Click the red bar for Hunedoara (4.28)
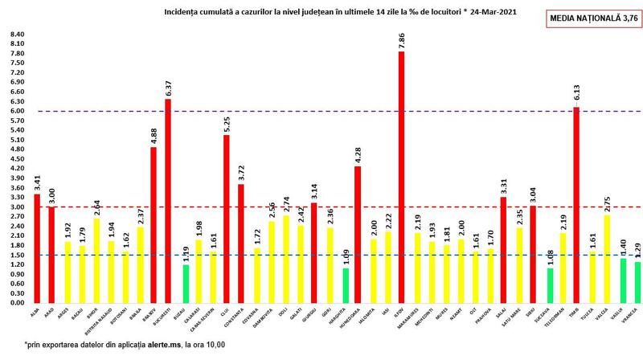(x=358, y=234)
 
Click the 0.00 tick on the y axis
(x=15, y=303)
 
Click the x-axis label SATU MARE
(x=515, y=319)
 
